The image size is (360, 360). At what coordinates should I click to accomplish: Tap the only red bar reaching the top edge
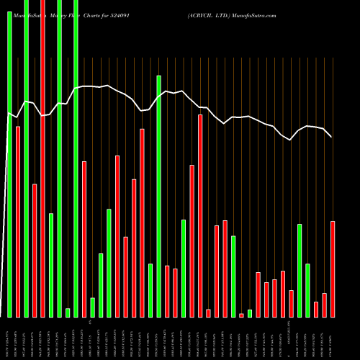[x=42, y=158]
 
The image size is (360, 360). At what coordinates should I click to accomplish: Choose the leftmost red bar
[x=18, y=222]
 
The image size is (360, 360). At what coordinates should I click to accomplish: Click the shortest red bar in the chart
[x=241, y=315]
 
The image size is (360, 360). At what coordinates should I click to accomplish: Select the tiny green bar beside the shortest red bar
[x=250, y=313]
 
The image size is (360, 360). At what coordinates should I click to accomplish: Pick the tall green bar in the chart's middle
[x=159, y=196]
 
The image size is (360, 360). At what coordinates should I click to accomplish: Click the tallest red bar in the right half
[x=200, y=216]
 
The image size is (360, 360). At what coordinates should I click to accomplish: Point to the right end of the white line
[x=331, y=137]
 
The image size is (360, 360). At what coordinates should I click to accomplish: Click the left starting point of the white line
[x=9, y=112]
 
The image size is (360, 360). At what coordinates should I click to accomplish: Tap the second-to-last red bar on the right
[x=324, y=305]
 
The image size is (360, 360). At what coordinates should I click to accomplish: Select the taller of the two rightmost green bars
[x=300, y=270]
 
